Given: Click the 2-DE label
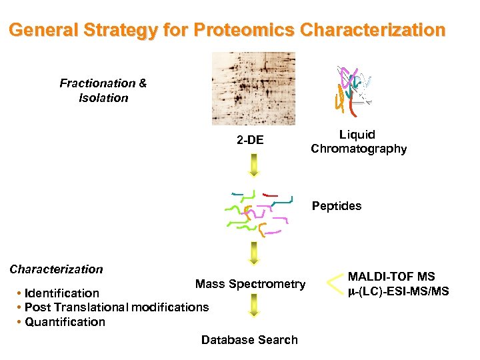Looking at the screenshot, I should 251,140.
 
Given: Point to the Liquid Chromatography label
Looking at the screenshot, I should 358,142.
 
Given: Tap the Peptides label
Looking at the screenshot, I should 336,206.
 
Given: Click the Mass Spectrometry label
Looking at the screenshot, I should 250,285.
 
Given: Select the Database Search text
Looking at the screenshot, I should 249,340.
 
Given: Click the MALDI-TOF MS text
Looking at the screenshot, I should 391,277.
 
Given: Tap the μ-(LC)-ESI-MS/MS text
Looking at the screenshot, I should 398,291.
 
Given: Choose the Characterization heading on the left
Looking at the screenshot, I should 57,269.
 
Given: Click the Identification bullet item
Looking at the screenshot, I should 61,293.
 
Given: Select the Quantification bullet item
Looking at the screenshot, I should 65,322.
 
